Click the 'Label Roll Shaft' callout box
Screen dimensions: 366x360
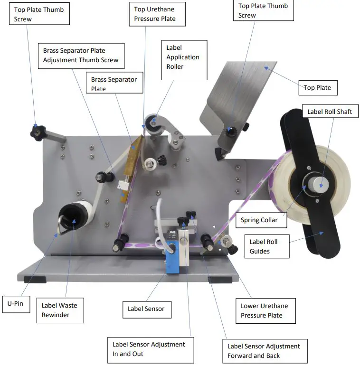[330, 112]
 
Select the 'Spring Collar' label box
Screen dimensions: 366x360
[259, 220]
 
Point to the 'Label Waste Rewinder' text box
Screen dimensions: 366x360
[59, 310]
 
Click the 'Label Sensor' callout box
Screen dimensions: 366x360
[146, 309]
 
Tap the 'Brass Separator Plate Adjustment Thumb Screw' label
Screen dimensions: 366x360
[81, 56]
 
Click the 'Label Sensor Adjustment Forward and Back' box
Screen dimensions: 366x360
[264, 351]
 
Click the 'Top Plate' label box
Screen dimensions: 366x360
[317, 87]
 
